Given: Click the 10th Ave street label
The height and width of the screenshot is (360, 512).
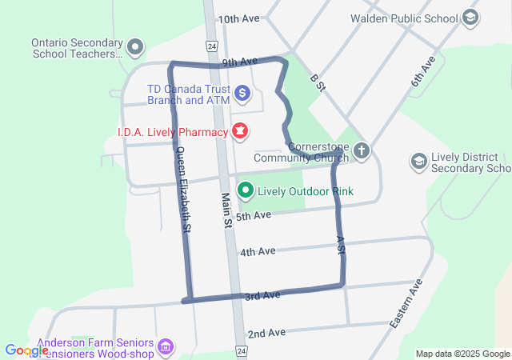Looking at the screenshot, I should pos(239,18).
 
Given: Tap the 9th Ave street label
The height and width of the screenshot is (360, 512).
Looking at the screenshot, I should pos(239,62).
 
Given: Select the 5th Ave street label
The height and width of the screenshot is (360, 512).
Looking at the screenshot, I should pos(254,215).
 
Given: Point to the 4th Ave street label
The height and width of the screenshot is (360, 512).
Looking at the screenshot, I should pos(258,251).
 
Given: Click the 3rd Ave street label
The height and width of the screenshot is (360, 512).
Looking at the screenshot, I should pos(262,295).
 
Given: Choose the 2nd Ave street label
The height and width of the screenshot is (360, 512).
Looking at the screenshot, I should pos(266,333).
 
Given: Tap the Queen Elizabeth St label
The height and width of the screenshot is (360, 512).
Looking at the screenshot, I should pos(183,190).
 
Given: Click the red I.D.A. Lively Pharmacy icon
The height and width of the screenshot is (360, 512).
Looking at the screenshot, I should pos(239,130).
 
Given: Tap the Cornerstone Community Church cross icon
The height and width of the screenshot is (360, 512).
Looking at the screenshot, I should pos(362,150).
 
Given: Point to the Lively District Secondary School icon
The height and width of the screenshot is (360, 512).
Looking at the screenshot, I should pos(418,162).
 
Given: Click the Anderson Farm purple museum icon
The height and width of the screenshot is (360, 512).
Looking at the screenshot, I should pos(166,346).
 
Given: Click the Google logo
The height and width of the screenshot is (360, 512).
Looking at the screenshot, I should pos(26,350).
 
